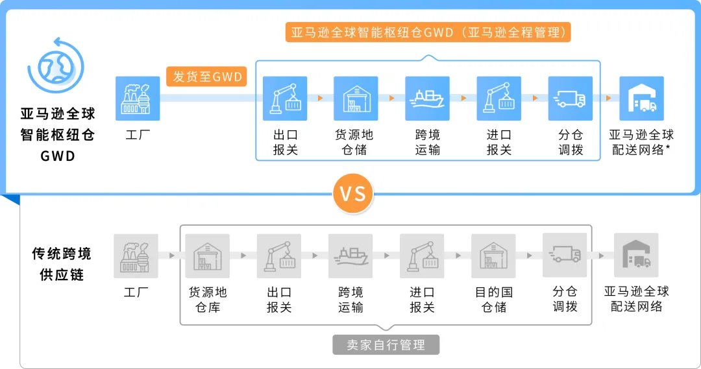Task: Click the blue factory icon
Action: point(138,99)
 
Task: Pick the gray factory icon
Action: point(136,256)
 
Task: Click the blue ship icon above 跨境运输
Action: point(428,99)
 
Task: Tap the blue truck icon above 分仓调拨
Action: point(571,99)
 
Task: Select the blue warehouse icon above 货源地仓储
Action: point(356,99)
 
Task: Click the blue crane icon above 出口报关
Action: point(285,99)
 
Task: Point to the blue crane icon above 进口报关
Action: point(499,99)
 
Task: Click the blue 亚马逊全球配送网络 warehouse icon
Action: point(641,99)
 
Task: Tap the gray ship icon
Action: point(350,256)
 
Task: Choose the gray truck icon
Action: point(565,256)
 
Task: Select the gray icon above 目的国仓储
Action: point(493,256)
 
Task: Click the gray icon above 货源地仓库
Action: point(208,256)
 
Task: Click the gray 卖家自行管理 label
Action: point(386,344)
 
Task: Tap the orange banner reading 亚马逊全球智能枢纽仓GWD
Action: point(428,32)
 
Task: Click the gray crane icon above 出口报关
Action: point(279,256)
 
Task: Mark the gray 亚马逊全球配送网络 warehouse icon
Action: point(636,256)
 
